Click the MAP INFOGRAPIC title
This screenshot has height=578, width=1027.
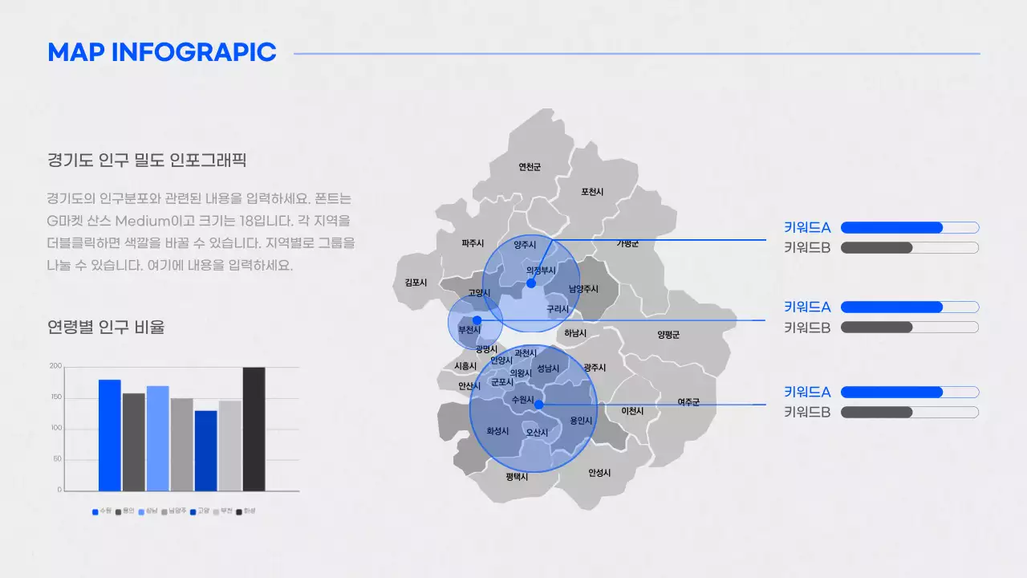(162, 53)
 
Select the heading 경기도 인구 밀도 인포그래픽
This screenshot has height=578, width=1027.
(146, 161)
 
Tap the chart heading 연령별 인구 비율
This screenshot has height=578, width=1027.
(106, 328)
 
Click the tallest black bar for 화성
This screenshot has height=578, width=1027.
(254, 429)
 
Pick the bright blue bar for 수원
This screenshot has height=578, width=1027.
(110, 435)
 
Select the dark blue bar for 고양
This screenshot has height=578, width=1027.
(205, 450)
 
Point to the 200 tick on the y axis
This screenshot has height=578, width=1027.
(55, 366)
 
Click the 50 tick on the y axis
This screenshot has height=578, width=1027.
(57, 459)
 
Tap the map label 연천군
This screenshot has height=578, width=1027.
(530, 167)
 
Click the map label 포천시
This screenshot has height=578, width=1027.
(592, 191)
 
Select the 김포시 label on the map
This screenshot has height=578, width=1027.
(416, 283)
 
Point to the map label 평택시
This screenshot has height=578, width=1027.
(517, 477)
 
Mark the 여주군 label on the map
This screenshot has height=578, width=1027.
(688, 402)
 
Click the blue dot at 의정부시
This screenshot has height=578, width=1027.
(530, 283)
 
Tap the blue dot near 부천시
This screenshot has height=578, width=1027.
(477, 320)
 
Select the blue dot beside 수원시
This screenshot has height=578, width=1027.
(538, 405)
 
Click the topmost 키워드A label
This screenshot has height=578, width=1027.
(807, 227)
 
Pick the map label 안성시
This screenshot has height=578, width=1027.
(599, 473)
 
